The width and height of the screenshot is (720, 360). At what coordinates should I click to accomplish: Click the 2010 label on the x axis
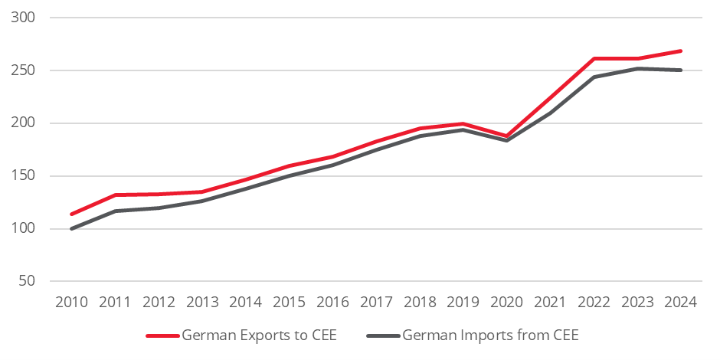71,302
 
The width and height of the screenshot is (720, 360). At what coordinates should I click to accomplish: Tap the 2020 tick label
506,302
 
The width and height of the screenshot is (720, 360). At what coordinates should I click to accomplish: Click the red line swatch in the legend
162,335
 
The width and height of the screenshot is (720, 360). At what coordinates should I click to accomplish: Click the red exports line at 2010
72,214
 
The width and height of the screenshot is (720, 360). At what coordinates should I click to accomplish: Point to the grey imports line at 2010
72,228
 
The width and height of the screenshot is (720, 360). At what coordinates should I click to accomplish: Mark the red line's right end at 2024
680,51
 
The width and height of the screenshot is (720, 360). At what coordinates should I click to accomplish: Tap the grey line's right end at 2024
680,70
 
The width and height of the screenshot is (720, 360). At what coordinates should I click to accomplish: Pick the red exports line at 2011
115,195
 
